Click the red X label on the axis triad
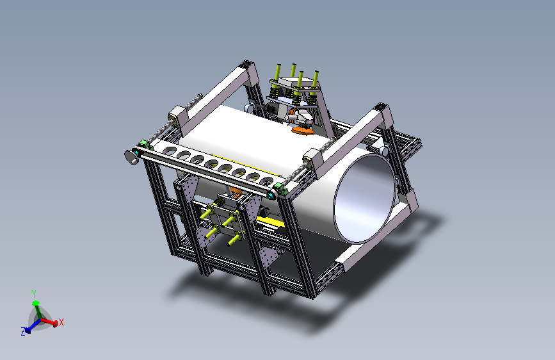(61, 322)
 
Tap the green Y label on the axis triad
(34, 294)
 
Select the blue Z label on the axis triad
(23, 332)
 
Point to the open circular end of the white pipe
(364, 199)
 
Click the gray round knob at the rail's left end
(131, 157)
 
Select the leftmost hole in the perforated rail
(170, 151)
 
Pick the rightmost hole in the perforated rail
(266, 182)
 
